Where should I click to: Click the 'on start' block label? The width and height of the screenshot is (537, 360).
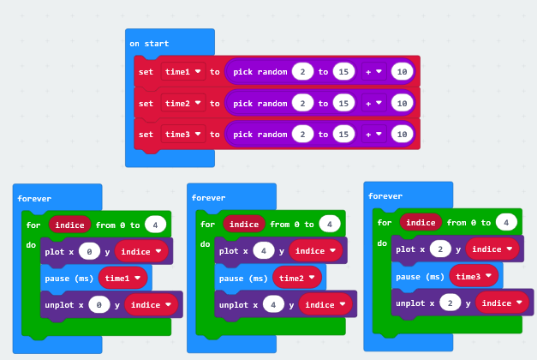tap(149, 43)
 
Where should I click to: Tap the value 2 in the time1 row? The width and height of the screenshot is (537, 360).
tap(301, 72)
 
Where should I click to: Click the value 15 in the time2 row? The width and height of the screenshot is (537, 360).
tap(343, 103)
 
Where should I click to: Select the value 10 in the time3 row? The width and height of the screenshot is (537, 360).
tap(403, 134)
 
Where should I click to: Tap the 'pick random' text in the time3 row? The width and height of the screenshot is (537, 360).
tap(260, 134)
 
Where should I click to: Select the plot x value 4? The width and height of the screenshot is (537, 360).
tap(265, 251)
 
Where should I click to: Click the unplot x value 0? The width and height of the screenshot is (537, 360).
tap(100, 304)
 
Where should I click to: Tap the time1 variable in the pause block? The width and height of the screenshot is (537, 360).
tap(123, 278)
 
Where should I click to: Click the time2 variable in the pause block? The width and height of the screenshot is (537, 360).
tap(297, 278)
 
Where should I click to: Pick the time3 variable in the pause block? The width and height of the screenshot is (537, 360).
tap(474, 276)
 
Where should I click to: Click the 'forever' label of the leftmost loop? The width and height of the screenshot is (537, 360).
tap(33, 198)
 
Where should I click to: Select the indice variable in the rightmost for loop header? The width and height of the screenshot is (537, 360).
tap(420, 222)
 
